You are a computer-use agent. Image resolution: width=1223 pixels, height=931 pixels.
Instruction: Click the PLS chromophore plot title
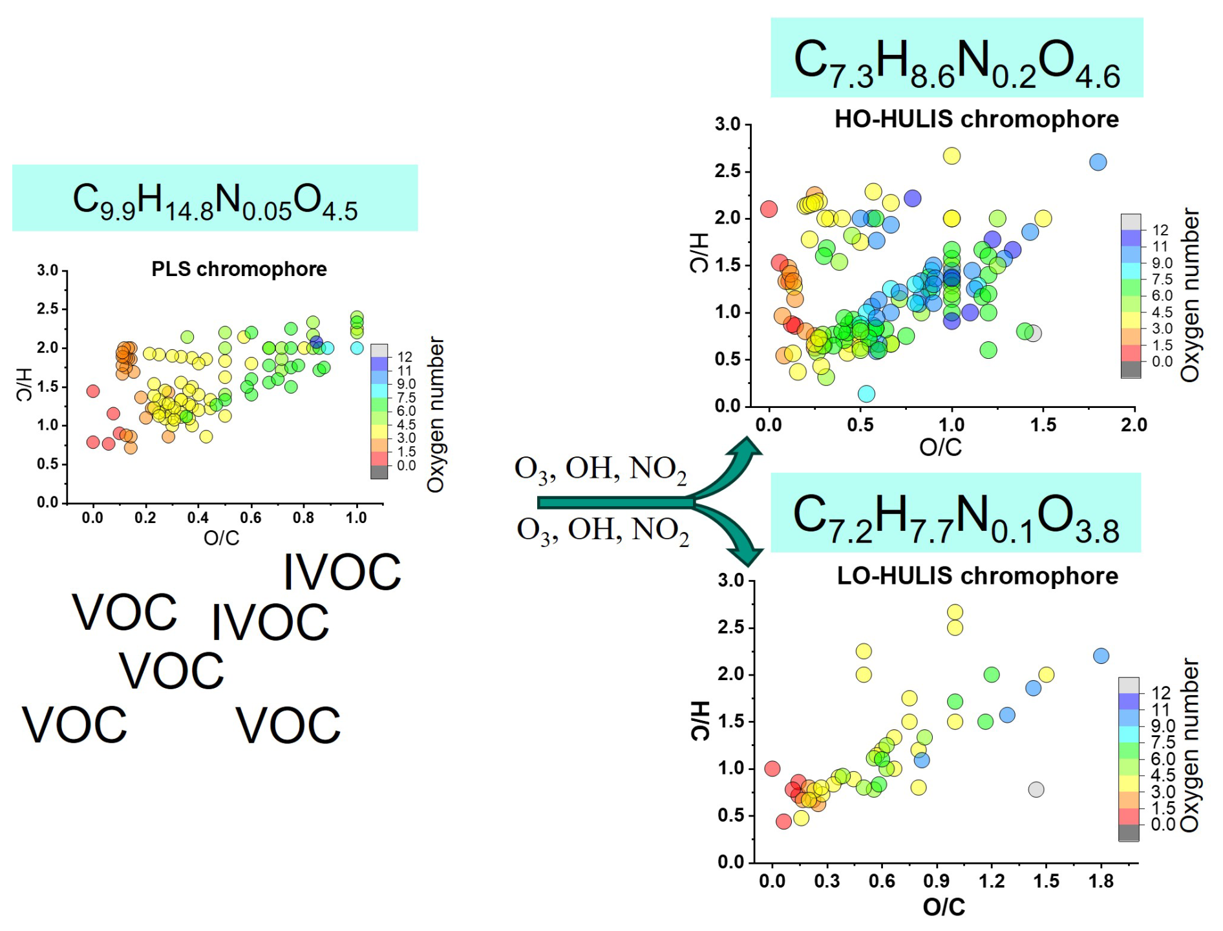pyautogui.click(x=239, y=269)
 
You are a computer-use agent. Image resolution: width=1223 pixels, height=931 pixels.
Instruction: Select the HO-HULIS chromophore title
pyautogui.click(x=977, y=119)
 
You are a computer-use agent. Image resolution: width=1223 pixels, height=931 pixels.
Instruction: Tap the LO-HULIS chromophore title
pyautogui.click(x=977, y=575)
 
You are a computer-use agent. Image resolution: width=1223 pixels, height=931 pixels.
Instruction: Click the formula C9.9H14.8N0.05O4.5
pyautogui.click(x=215, y=200)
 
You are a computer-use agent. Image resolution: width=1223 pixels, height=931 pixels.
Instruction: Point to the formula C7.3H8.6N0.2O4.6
pyautogui.click(x=957, y=63)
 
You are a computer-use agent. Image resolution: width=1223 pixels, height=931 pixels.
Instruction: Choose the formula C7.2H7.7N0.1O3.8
pyautogui.click(x=956, y=519)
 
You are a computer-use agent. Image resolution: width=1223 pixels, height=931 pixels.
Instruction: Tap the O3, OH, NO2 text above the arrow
pyautogui.click(x=601, y=469)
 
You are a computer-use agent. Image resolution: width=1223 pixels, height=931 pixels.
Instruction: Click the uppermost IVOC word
pyautogui.click(x=342, y=572)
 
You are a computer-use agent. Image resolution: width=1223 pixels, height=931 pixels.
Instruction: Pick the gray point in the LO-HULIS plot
pyautogui.click(x=1036, y=789)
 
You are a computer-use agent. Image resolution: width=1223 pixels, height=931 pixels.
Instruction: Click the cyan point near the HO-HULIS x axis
pyautogui.click(x=866, y=394)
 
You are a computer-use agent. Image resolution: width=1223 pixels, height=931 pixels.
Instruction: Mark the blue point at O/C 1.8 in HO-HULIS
pyautogui.click(x=1098, y=162)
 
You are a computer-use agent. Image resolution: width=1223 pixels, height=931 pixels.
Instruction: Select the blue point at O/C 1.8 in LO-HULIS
pyautogui.click(x=1101, y=656)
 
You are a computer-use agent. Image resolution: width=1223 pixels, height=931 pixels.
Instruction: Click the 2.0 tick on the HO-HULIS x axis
pyautogui.click(x=1134, y=425)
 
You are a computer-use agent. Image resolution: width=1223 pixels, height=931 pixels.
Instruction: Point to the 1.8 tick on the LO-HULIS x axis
pyautogui.click(x=1101, y=881)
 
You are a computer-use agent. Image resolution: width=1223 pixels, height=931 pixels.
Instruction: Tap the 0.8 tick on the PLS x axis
pyautogui.click(x=303, y=518)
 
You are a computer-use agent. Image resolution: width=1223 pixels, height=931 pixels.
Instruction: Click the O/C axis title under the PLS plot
pyautogui.click(x=222, y=538)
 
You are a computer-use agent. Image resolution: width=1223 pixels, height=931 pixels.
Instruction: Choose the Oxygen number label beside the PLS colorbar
pyautogui.click(x=436, y=414)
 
